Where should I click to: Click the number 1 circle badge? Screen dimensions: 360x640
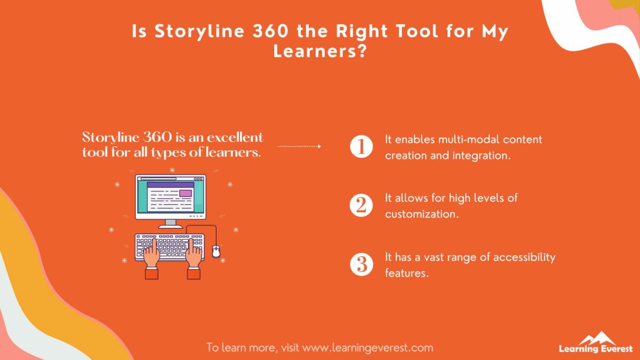click(x=361, y=147)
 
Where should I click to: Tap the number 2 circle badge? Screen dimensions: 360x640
click(x=361, y=206)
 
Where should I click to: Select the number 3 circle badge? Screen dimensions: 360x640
click(x=361, y=265)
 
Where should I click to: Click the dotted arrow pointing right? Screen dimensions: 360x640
click(x=299, y=146)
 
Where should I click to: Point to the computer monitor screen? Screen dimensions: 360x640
click(x=170, y=196)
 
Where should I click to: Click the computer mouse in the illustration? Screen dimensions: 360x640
click(x=216, y=251)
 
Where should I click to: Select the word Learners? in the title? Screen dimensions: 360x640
click(x=319, y=51)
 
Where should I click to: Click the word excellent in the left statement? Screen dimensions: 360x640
click(x=235, y=137)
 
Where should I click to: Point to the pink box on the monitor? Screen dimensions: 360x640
click(x=186, y=193)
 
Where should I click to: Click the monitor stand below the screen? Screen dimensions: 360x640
click(x=170, y=222)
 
